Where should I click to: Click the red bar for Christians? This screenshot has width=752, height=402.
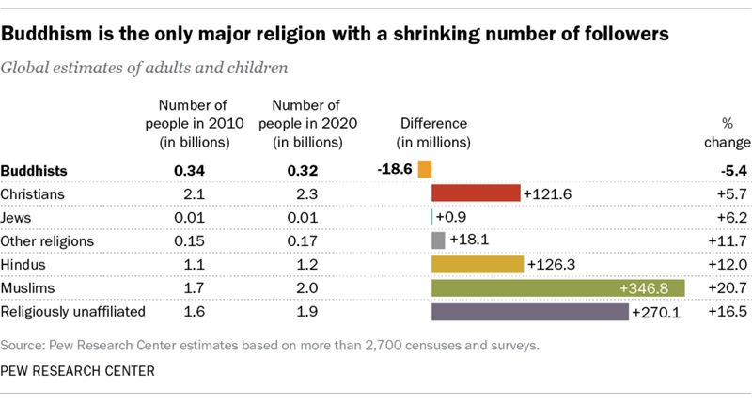476,193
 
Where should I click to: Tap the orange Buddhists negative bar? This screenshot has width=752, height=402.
425,170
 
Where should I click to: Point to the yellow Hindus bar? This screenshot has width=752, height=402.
478,264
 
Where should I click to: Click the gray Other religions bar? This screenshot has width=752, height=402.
438,240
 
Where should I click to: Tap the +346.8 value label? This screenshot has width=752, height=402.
651,287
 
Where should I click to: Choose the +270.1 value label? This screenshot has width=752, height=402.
660,311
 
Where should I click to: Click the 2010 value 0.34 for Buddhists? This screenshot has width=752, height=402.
190,170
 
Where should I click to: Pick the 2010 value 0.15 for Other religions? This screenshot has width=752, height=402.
190,240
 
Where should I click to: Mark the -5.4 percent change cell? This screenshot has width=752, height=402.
732,170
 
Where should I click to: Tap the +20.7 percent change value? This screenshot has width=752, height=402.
729,287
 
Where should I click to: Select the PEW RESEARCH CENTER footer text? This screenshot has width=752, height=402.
78,372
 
